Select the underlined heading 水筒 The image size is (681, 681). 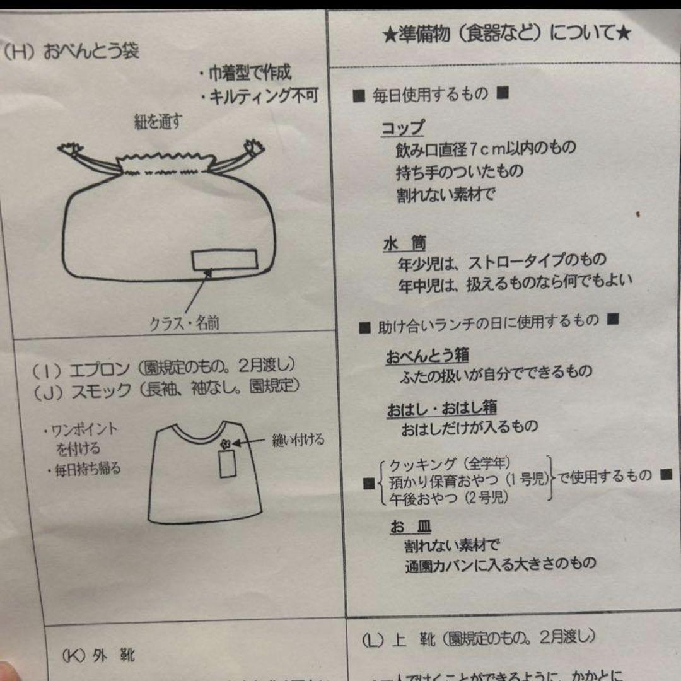[404, 243]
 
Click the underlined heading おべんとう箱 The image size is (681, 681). [427, 356]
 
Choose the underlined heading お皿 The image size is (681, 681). [410, 527]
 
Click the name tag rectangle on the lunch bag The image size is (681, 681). [224, 259]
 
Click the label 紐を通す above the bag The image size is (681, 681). [158, 122]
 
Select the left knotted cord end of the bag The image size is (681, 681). [71, 150]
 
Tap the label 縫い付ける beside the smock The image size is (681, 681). [298, 440]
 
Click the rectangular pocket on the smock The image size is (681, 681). [227, 465]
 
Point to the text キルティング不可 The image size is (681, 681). [259, 96]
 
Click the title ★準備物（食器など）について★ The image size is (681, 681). [506, 33]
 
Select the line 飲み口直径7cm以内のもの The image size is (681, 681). [486, 149]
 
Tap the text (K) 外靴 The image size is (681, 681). [98, 656]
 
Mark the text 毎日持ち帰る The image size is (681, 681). [85, 469]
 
